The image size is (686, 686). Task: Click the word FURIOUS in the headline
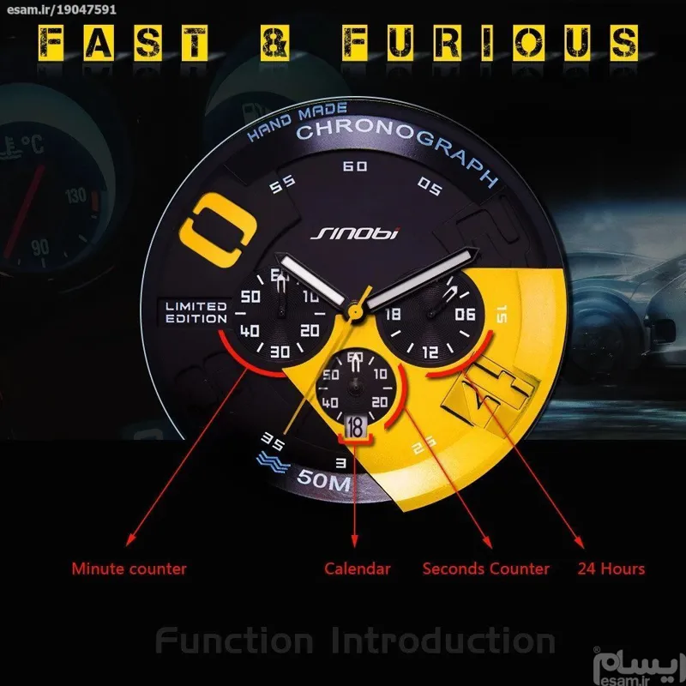coord(490,42)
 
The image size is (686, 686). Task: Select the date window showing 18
coord(355,425)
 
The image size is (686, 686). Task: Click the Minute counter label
coord(129,568)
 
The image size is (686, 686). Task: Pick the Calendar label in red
coord(358,568)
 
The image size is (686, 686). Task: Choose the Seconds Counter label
coord(486,568)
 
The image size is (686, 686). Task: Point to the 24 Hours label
coord(611,568)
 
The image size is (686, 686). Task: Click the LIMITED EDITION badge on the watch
coord(196,312)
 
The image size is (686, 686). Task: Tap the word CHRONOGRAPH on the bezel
coord(397,146)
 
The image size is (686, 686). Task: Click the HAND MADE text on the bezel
coord(297,119)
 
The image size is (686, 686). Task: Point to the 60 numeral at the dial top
coord(354,166)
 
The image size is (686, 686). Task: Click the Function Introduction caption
coord(355,641)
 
